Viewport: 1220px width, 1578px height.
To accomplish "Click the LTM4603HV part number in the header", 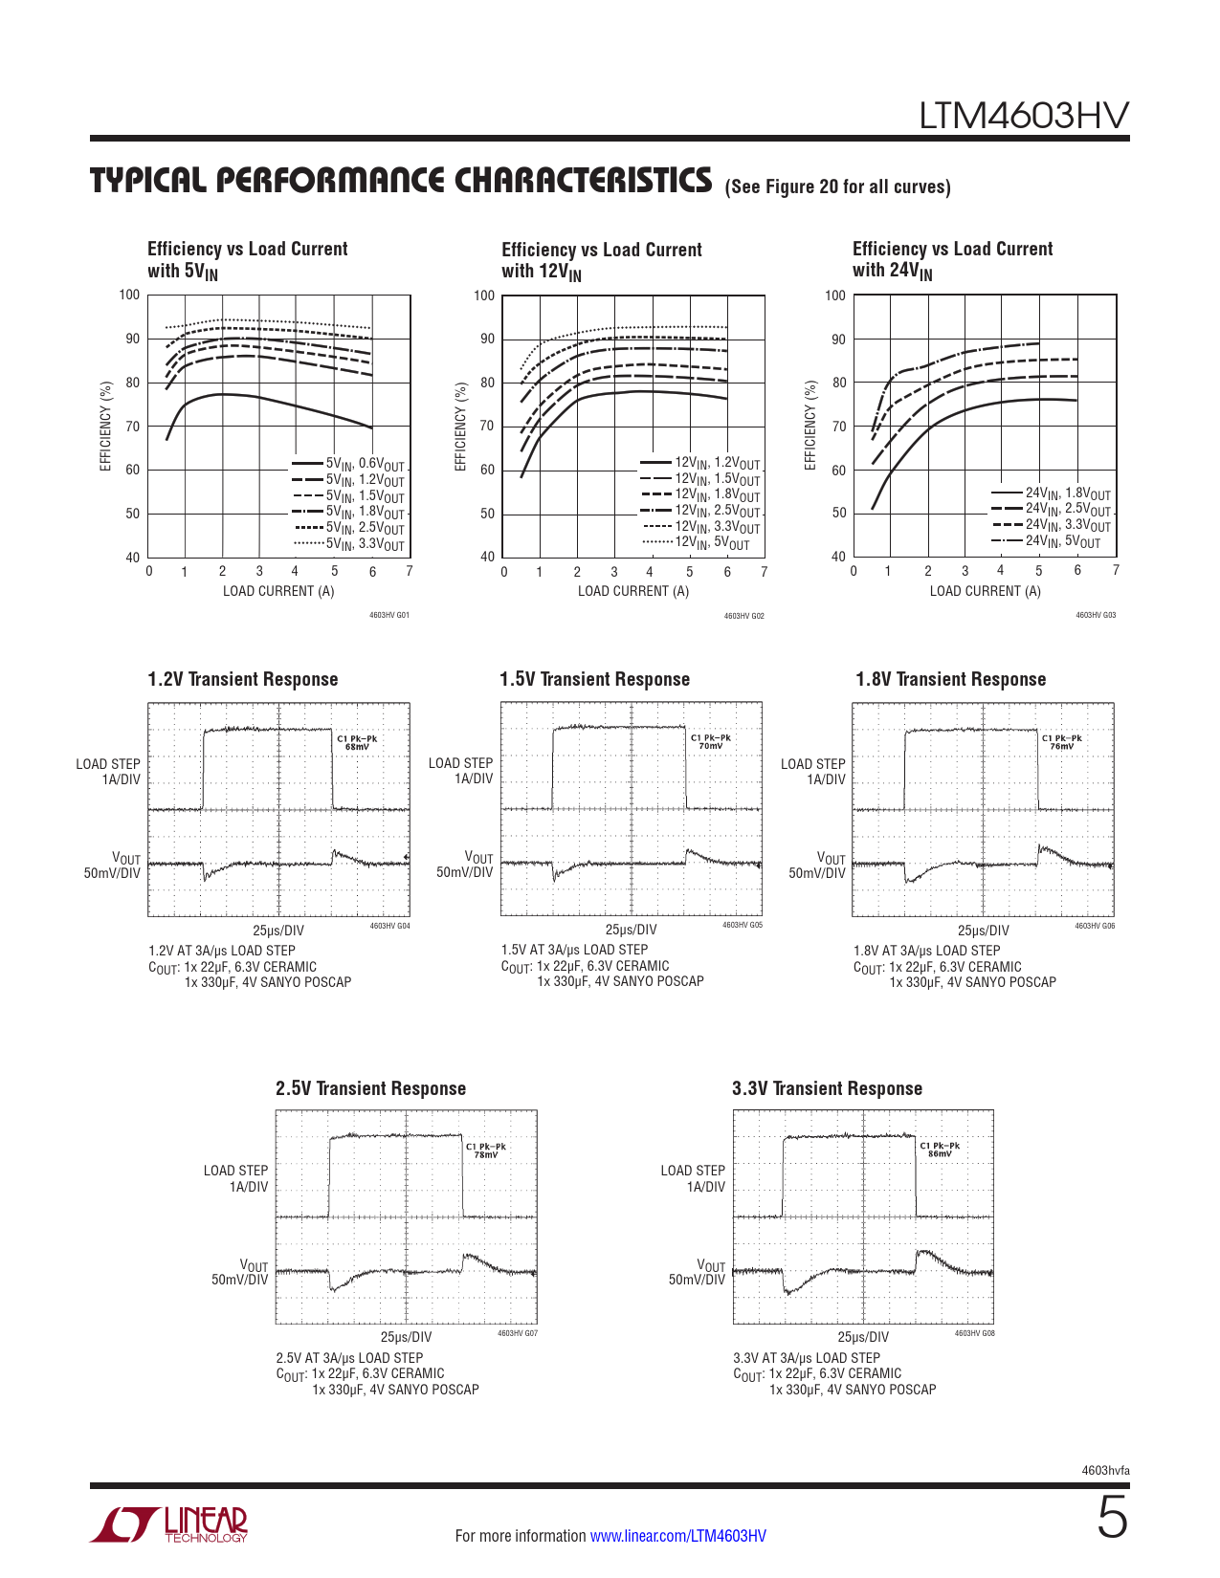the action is click(x=1024, y=116).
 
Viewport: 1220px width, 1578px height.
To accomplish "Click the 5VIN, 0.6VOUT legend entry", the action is click(x=348, y=464).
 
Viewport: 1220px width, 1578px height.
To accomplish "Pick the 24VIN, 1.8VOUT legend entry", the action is click(x=1051, y=493).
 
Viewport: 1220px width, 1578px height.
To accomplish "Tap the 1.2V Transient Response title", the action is click(x=243, y=679).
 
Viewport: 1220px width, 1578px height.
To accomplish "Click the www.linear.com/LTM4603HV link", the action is click(x=678, y=1535).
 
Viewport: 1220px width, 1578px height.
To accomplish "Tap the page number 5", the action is click(x=1113, y=1517).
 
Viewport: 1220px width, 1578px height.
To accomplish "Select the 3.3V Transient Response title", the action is click(x=827, y=1087).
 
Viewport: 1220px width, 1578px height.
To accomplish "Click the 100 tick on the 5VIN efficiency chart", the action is click(x=129, y=295).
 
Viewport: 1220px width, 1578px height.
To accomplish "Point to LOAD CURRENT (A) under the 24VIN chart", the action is click(x=986, y=591).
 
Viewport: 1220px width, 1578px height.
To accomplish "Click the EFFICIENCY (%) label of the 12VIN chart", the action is click(x=460, y=427).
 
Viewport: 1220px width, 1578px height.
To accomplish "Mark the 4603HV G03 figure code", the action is click(x=1096, y=615).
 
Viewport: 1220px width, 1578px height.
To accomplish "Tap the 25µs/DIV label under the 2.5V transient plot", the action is click(x=406, y=1337).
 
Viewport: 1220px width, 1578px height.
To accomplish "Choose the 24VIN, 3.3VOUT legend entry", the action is click(x=1051, y=525).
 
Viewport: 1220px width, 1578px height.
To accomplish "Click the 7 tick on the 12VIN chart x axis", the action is click(x=764, y=572).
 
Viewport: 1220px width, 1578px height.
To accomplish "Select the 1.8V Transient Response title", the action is click(x=950, y=679).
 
